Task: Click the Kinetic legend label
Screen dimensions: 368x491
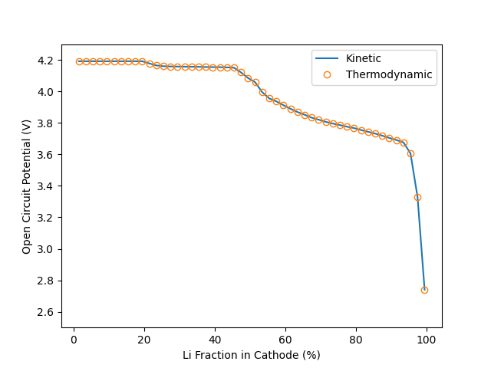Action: [x=363, y=59]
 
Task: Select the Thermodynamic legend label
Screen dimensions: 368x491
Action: [x=389, y=74]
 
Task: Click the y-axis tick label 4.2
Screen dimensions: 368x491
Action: [x=45, y=61]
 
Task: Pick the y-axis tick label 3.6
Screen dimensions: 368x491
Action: [x=45, y=155]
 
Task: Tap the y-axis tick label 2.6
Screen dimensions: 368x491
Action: [x=45, y=312]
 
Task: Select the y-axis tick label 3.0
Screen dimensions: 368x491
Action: [x=45, y=249]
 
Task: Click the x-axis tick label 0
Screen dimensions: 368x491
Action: [x=74, y=340]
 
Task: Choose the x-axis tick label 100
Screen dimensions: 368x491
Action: [x=427, y=340]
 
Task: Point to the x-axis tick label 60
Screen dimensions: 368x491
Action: [x=285, y=340]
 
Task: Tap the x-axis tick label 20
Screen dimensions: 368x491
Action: [x=144, y=340]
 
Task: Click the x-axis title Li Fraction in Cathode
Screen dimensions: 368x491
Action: [x=251, y=355]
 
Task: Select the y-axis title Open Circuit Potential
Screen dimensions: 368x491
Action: [x=27, y=186]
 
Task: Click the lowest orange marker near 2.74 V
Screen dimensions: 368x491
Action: [x=424, y=290]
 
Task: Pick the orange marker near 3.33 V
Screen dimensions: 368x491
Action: [x=417, y=197]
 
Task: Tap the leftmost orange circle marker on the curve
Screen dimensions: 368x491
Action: [x=79, y=61]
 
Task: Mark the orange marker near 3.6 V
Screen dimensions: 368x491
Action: [x=410, y=153]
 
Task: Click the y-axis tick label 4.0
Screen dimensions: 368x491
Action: [x=45, y=92]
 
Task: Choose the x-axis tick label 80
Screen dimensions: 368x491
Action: [x=356, y=340]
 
